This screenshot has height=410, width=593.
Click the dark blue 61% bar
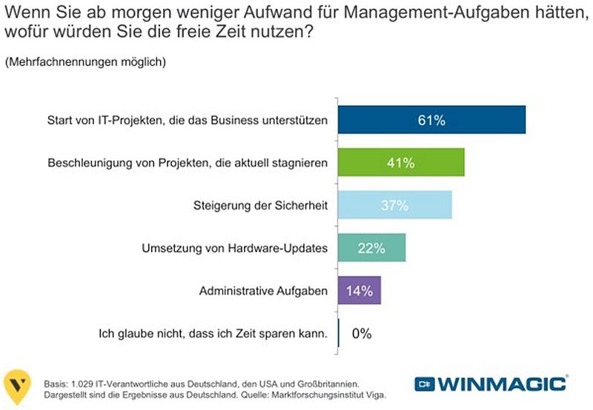[431, 120]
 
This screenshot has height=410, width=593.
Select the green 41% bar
[401, 162]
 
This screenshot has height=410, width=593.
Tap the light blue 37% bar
[395, 205]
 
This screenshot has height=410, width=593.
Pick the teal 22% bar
[372, 248]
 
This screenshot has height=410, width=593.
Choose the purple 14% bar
[360, 291]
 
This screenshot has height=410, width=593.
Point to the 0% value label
[362, 333]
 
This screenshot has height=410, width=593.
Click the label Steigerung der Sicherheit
[260, 205]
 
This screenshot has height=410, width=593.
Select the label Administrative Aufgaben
[263, 291]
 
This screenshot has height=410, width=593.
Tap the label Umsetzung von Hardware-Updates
[234, 248]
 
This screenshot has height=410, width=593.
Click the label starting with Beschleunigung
[188, 162]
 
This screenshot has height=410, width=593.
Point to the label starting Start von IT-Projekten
[188, 120]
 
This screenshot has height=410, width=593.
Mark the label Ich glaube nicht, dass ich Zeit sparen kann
[213, 334]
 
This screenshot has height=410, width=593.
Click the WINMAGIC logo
[491, 384]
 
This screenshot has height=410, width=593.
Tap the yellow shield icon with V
[17, 386]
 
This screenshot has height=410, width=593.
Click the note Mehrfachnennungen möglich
[85, 62]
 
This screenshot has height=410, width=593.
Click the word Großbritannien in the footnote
[328, 384]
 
